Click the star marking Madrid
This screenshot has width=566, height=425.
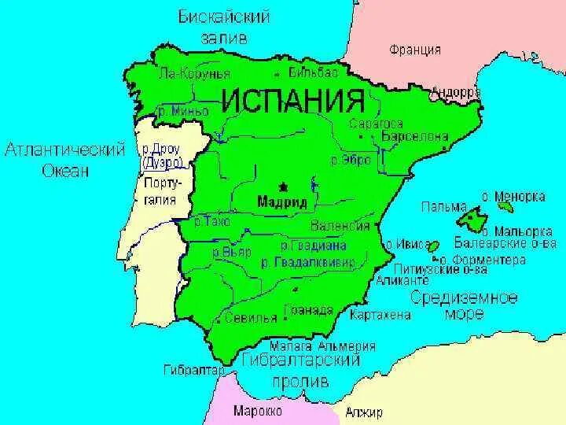pyautogui.click(x=283, y=187)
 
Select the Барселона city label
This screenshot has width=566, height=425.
pyautogui.click(x=414, y=136)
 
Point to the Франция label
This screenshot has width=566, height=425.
pyautogui.click(x=414, y=50)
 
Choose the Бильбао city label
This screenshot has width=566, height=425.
pyautogui.click(x=313, y=72)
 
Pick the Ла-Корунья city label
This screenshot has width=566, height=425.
pyautogui.click(x=194, y=73)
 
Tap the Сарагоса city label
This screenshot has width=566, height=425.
pyautogui.click(x=377, y=124)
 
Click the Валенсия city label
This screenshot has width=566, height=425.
pyautogui.click(x=340, y=226)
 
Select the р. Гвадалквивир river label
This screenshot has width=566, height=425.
pyautogui.click(x=307, y=261)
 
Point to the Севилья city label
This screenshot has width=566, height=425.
pyautogui.click(x=250, y=318)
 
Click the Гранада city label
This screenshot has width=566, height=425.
pyautogui.click(x=308, y=309)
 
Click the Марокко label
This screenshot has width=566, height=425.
pyautogui.click(x=259, y=410)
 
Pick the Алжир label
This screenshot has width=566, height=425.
pyautogui.click(x=364, y=412)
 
